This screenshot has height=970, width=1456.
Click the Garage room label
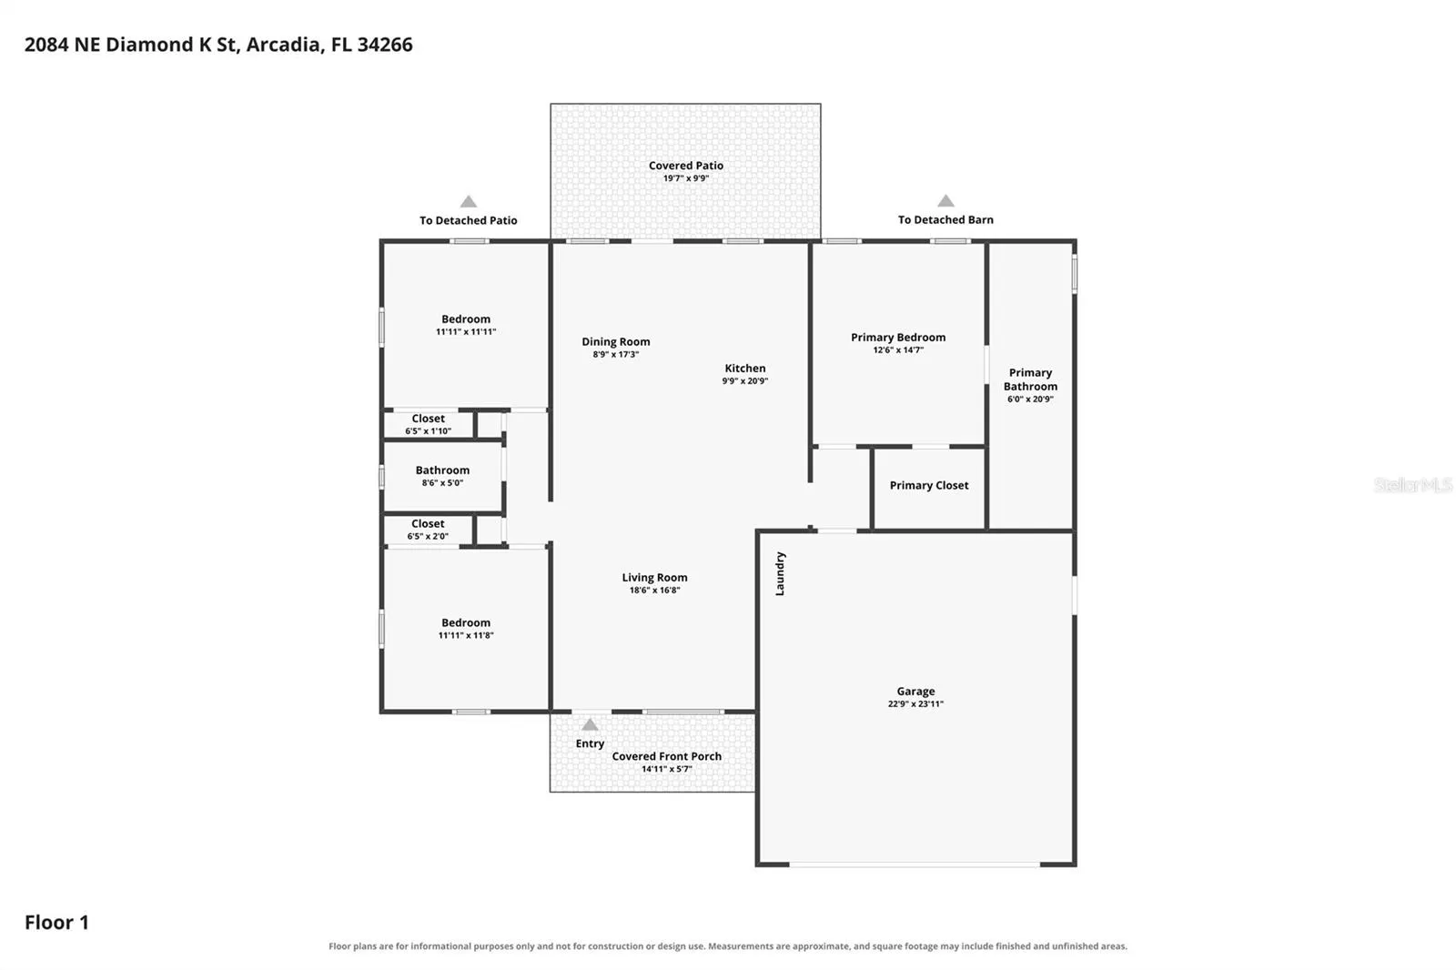pos(915,691)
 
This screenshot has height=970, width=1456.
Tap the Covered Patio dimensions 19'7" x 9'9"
pos(686,178)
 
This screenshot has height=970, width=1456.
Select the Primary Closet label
pos(929,486)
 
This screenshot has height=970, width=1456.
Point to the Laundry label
pos(780,573)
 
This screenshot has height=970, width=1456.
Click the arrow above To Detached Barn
pos(945,201)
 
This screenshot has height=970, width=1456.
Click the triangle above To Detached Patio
pos(468,201)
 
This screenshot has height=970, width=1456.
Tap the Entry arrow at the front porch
pos(590,724)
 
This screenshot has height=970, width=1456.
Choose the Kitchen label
pos(745,368)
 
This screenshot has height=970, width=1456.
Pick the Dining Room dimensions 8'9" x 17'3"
pos(615,354)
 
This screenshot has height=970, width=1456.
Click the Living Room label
pos(654,577)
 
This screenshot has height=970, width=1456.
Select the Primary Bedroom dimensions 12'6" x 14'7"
pos(898,349)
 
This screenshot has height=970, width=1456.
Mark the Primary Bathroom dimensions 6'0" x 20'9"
pos(1030,399)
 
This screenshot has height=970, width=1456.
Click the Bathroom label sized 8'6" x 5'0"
pos(442,470)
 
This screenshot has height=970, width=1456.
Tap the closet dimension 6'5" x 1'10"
pos(429,431)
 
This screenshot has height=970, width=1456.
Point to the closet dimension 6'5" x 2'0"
pos(428,536)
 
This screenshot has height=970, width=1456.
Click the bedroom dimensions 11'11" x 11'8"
pos(466,635)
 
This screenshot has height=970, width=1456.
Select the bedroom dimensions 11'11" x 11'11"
pos(466,331)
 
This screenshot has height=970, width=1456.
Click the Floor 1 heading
pos(56,923)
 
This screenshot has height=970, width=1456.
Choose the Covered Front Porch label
pos(667,756)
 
